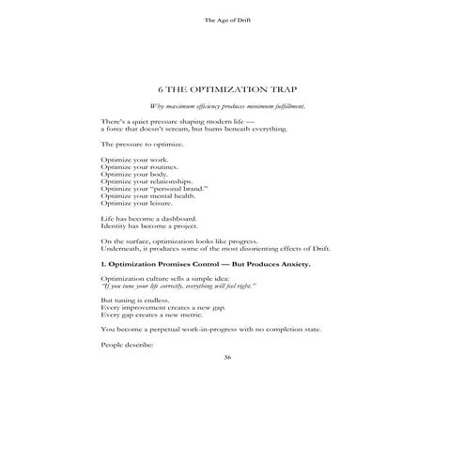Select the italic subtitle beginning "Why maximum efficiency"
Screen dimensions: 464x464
pyautogui.click(x=231, y=106)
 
